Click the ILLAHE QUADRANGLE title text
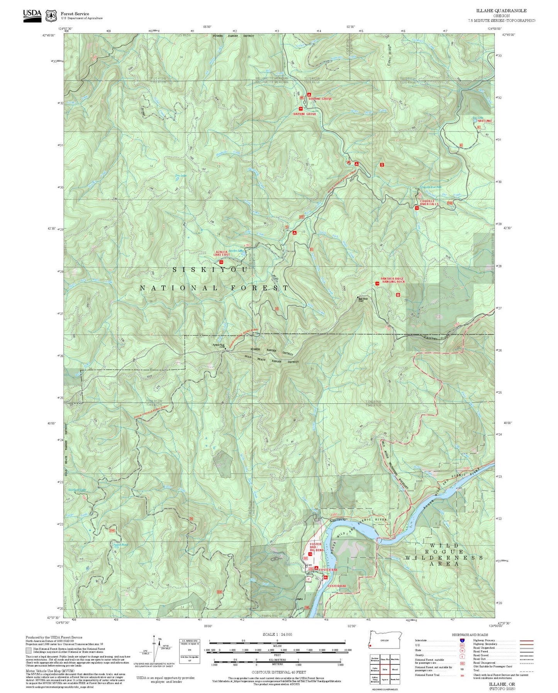502,11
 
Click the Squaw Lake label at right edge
484,121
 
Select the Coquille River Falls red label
429,202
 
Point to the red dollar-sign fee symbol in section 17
382,165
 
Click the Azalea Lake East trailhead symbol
221,262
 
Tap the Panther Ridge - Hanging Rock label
393,280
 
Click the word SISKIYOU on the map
210,270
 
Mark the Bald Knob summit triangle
357,297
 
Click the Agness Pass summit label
219,345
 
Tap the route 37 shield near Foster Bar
308,579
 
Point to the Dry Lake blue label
181,176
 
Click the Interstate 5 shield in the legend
462,640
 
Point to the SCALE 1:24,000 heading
277,634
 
